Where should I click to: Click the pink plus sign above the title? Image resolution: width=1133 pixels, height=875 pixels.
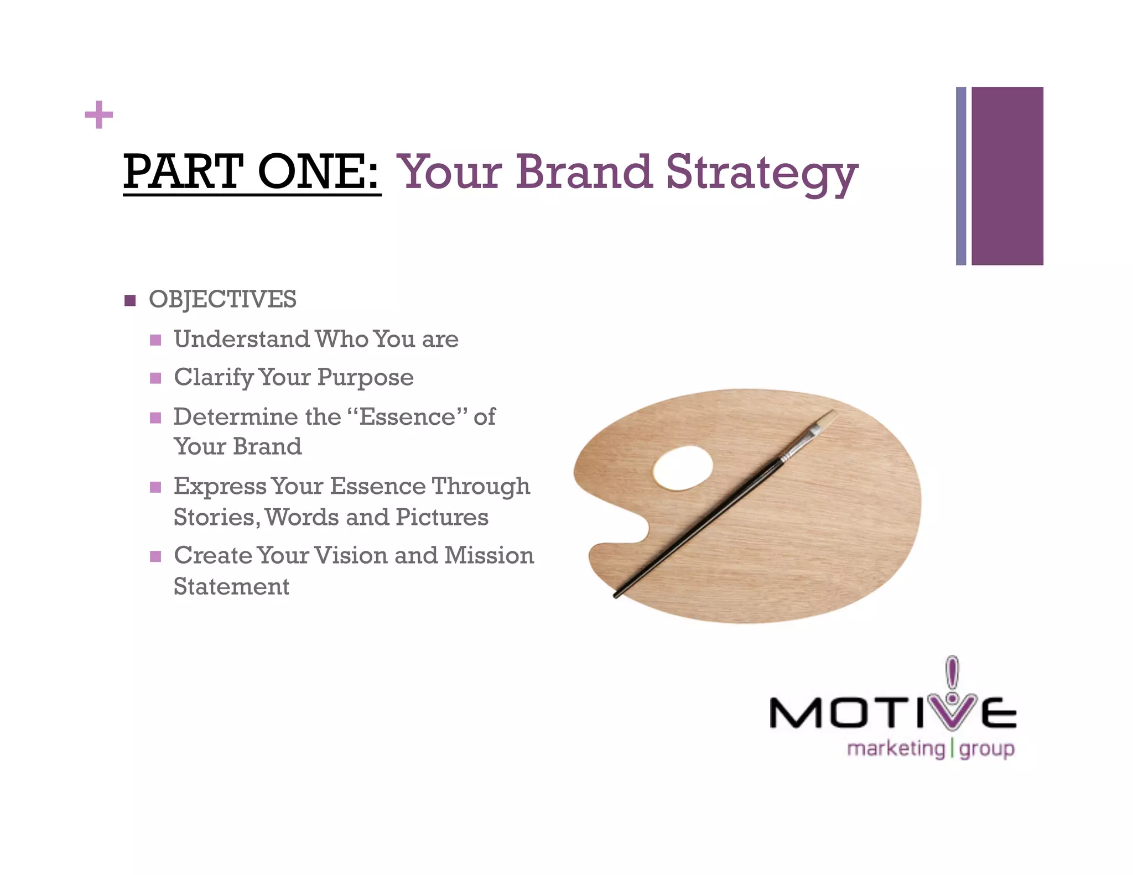[x=99, y=114]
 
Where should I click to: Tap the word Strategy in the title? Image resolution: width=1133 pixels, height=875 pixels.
[x=762, y=173]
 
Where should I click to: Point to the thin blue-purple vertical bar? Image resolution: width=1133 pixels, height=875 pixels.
[x=961, y=176]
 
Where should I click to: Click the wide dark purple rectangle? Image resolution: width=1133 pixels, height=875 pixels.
[x=1007, y=176]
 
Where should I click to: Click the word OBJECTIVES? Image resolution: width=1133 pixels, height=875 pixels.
[x=222, y=300]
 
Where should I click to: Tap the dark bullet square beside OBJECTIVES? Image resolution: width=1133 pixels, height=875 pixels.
[x=130, y=300]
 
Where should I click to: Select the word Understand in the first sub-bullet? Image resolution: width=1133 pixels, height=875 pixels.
[x=242, y=339]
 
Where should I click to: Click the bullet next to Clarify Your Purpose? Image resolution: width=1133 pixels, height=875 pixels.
[x=155, y=378]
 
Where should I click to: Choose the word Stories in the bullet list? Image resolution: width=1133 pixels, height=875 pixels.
[x=215, y=518]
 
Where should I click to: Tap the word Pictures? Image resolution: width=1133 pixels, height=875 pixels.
[x=442, y=518]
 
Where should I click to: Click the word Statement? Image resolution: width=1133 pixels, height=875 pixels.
[x=231, y=586]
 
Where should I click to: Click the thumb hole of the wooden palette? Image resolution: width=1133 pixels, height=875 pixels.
[x=683, y=468]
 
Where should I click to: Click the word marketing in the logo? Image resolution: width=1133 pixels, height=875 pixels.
[x=896, y=749]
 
